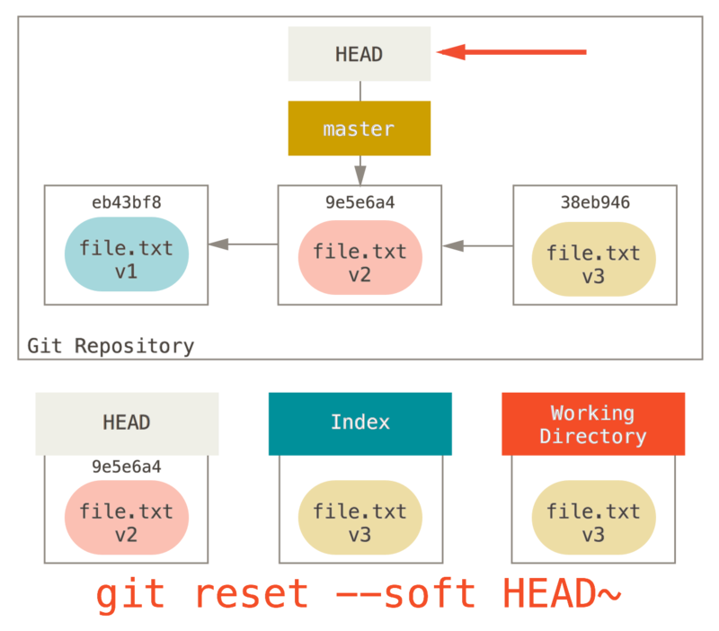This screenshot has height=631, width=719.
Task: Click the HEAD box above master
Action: [x=359, y=54]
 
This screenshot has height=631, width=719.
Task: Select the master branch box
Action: [x=359, y=129]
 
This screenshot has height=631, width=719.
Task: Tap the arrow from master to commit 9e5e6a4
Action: [x=359, y=170]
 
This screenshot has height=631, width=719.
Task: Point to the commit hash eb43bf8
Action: [x=126, y=203]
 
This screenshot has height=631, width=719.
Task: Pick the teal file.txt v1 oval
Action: [x=126, y=259]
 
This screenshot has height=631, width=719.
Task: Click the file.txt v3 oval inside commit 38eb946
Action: [x=593, y=264]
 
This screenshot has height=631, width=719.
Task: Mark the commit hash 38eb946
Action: [x=594, y=203]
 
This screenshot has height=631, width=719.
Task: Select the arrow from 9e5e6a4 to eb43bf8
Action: [x=243, y=244]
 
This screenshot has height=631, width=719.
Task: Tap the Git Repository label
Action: [x=111, y=346]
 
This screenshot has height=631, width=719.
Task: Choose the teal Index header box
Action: [x=359, y=422]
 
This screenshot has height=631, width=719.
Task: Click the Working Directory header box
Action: [x=593, y=424]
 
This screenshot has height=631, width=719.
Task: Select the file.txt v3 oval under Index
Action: [x=359, y=522]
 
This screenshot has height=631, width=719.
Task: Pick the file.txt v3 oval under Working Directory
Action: [x=593, y=522]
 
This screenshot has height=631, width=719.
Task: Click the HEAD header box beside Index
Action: [x=127, y=422]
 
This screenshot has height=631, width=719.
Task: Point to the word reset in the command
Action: [x=251, y=594]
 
